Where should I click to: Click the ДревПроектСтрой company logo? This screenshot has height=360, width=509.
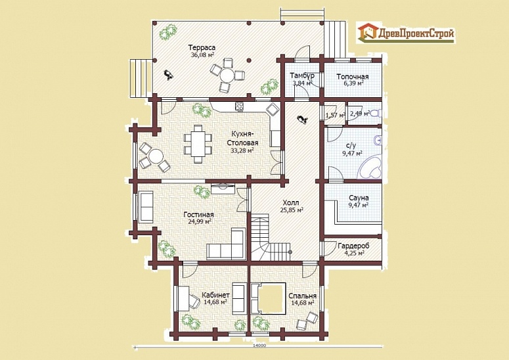(x=406, y=32)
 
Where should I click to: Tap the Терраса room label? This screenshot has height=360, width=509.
(x=202, y=48)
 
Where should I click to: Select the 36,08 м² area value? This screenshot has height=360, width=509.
(x=202, y=55)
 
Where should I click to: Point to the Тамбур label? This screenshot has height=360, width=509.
(x=302, y=76)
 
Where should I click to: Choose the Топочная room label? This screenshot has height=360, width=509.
(x=353, y=77)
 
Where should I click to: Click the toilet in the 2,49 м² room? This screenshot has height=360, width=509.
(x=376, y=114)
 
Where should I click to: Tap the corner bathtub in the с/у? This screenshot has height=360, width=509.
(x=370, y=167)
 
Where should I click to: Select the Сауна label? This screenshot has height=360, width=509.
(x=359, y=198)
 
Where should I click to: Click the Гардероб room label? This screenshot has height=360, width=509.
(x=353, y=246)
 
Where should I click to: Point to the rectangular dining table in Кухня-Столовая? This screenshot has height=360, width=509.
(x=198, y=144)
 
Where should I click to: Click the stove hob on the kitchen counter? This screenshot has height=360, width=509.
(x=240, y=106)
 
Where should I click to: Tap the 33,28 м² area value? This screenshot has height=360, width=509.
(x=242, y=150)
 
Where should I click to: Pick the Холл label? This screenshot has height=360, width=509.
(x=291, y=203)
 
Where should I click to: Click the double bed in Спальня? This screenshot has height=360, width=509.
(x=268, y=298)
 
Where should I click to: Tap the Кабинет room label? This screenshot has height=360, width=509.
(x=215, y=295)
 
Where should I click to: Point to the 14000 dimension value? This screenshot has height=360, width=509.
(x=259, y=346)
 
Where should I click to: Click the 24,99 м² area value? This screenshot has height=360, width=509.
(x=200, y=221)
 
